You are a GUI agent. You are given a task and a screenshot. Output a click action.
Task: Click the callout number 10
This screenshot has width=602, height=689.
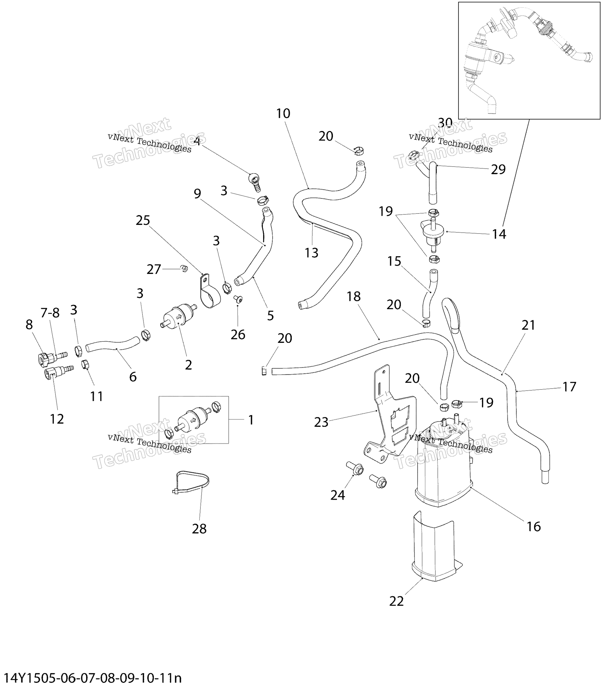coord(283,114)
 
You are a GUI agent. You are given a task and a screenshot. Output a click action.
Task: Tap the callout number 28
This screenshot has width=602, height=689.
coord(199,529)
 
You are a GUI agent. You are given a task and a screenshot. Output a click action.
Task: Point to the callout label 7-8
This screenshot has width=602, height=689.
coord(50,313)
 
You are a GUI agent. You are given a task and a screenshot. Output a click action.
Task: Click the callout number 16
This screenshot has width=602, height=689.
coord(534,527)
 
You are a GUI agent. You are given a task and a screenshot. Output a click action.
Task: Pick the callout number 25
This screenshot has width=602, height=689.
coord(143,220)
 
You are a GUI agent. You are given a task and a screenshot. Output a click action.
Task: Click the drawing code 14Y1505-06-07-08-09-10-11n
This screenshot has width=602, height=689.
coord(93,678)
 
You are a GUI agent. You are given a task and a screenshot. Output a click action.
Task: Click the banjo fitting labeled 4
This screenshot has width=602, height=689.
coord(255,182)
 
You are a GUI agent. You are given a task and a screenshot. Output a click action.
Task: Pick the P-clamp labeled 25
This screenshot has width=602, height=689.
coord(209,291)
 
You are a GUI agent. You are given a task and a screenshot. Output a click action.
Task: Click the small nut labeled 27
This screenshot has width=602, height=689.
coord(184,268)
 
